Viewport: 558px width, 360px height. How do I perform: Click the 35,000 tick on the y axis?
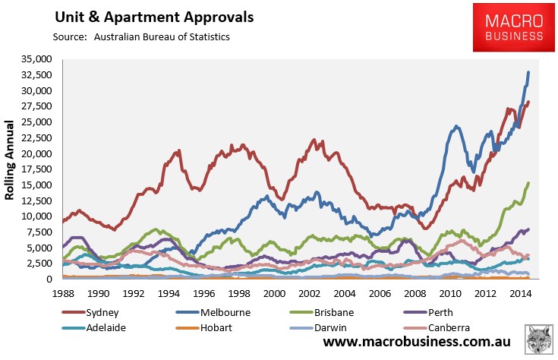pyautogui.click(x=36, y=58)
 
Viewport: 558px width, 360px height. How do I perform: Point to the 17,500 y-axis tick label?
pyautogui.click(x=36, y=169)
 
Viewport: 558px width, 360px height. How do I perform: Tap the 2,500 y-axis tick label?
pyautogui.click(x=39, y=264)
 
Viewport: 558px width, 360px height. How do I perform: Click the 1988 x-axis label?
pyautogui.click(x=65, y=292)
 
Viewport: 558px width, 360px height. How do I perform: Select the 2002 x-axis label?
pyautogui.click(x=307, y=292)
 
